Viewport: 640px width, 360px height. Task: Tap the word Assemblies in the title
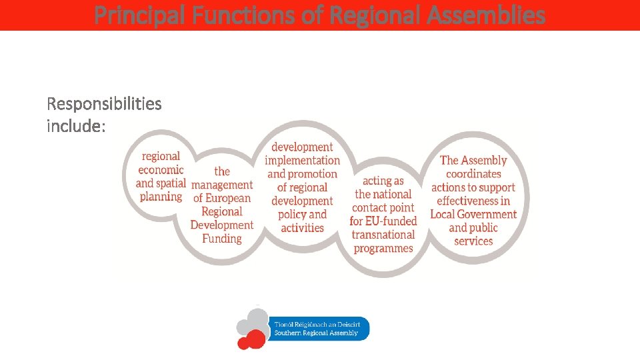click(x=489, y=15)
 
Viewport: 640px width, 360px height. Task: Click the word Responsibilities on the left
click(x=104, y=104)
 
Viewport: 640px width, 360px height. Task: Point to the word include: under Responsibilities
click(x=76, y=126)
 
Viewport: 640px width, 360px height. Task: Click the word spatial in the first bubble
click(x=170, y=183)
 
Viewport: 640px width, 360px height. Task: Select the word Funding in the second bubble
click(x=222, y=239)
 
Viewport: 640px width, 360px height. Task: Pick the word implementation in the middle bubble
click(x=302, y=161)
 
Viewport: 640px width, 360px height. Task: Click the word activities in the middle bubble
click(x=302, y=228)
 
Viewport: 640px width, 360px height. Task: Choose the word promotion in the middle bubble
click(x=313, y=174)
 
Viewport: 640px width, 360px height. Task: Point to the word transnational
click(x=383, y=235)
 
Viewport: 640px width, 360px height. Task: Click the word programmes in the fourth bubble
click(x=383, y=249)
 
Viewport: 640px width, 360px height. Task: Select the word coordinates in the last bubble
click(x=473, y=174)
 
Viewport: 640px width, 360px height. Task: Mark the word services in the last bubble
click(x=473, y=241)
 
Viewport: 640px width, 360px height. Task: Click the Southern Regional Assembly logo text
click(x=316, y=333)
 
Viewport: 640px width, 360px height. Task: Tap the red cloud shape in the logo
click(x=251, y=340)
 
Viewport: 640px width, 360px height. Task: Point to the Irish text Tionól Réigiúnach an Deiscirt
click(x=316, y=324)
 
